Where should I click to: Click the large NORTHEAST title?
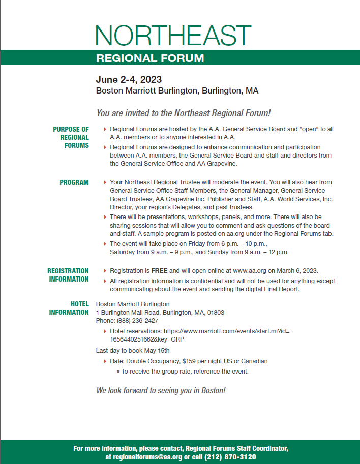tap(173, 36)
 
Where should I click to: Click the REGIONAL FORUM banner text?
tap(150, 58)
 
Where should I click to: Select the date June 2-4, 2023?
tap(129, 80)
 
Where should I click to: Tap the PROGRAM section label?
tap(74, 182)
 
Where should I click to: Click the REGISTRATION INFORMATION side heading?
tap(68, 275)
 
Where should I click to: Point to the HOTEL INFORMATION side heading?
tap(69, 308)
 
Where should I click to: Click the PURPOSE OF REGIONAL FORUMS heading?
tap(71, 137)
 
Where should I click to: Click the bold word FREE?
tap(159, 271)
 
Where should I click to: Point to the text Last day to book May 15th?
tap(133, 350)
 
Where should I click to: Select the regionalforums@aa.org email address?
tap(144, 457)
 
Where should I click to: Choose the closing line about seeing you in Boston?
tap(161, 390)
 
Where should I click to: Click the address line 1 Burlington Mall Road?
tap(160, 313)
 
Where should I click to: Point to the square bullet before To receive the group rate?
tap(118, 372)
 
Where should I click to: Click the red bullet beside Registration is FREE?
tap(105, 271)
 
